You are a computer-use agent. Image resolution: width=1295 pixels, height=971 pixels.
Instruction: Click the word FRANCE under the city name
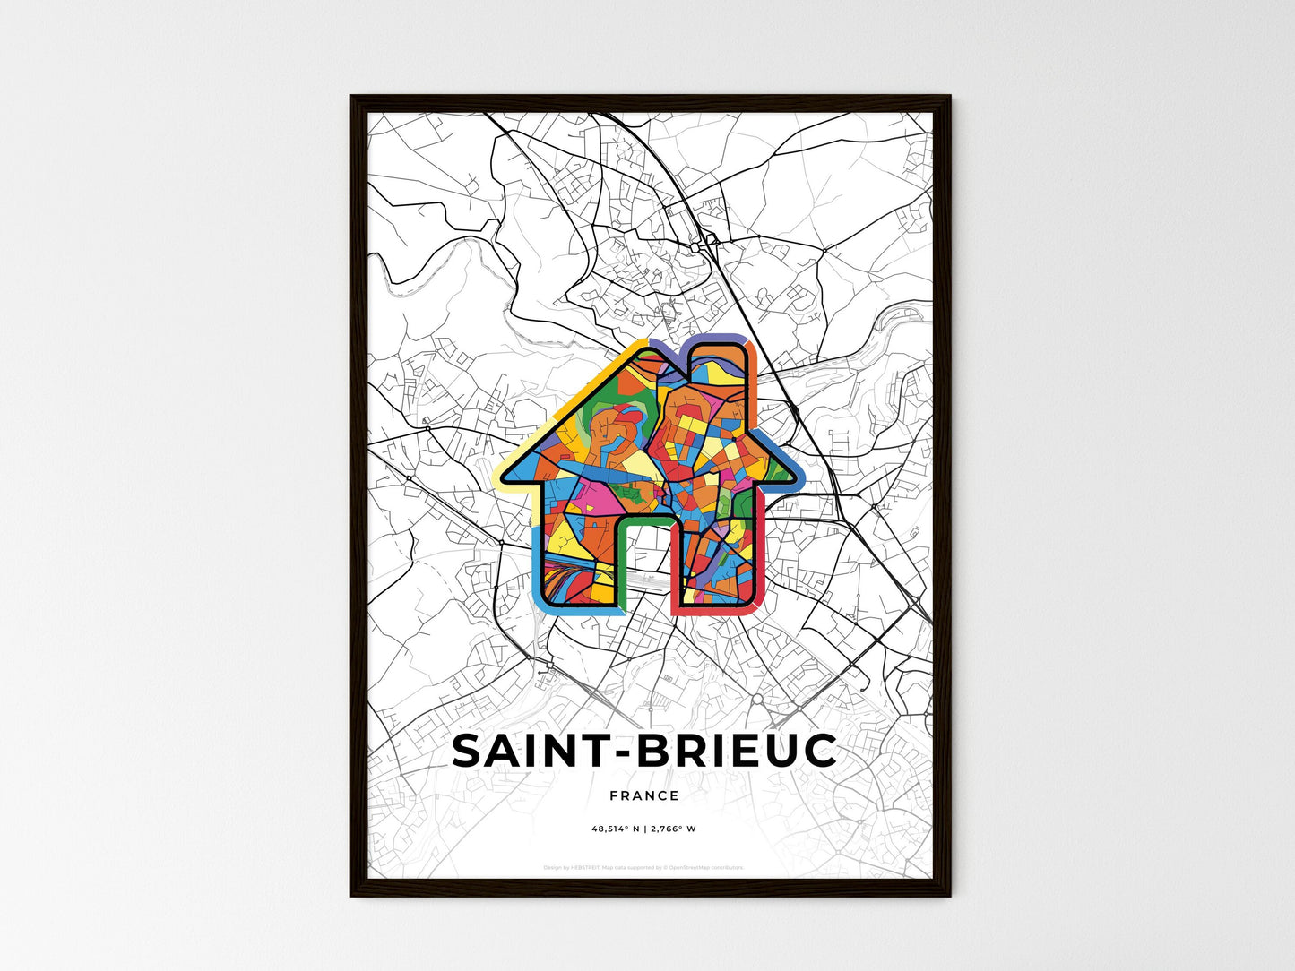pos(643,795)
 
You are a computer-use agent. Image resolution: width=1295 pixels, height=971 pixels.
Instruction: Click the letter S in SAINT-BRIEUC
pos(469,752)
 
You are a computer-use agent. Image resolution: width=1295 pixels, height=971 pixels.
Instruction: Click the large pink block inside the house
pos(587,497)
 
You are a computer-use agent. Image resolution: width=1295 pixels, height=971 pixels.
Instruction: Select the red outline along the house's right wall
pos(760,555)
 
